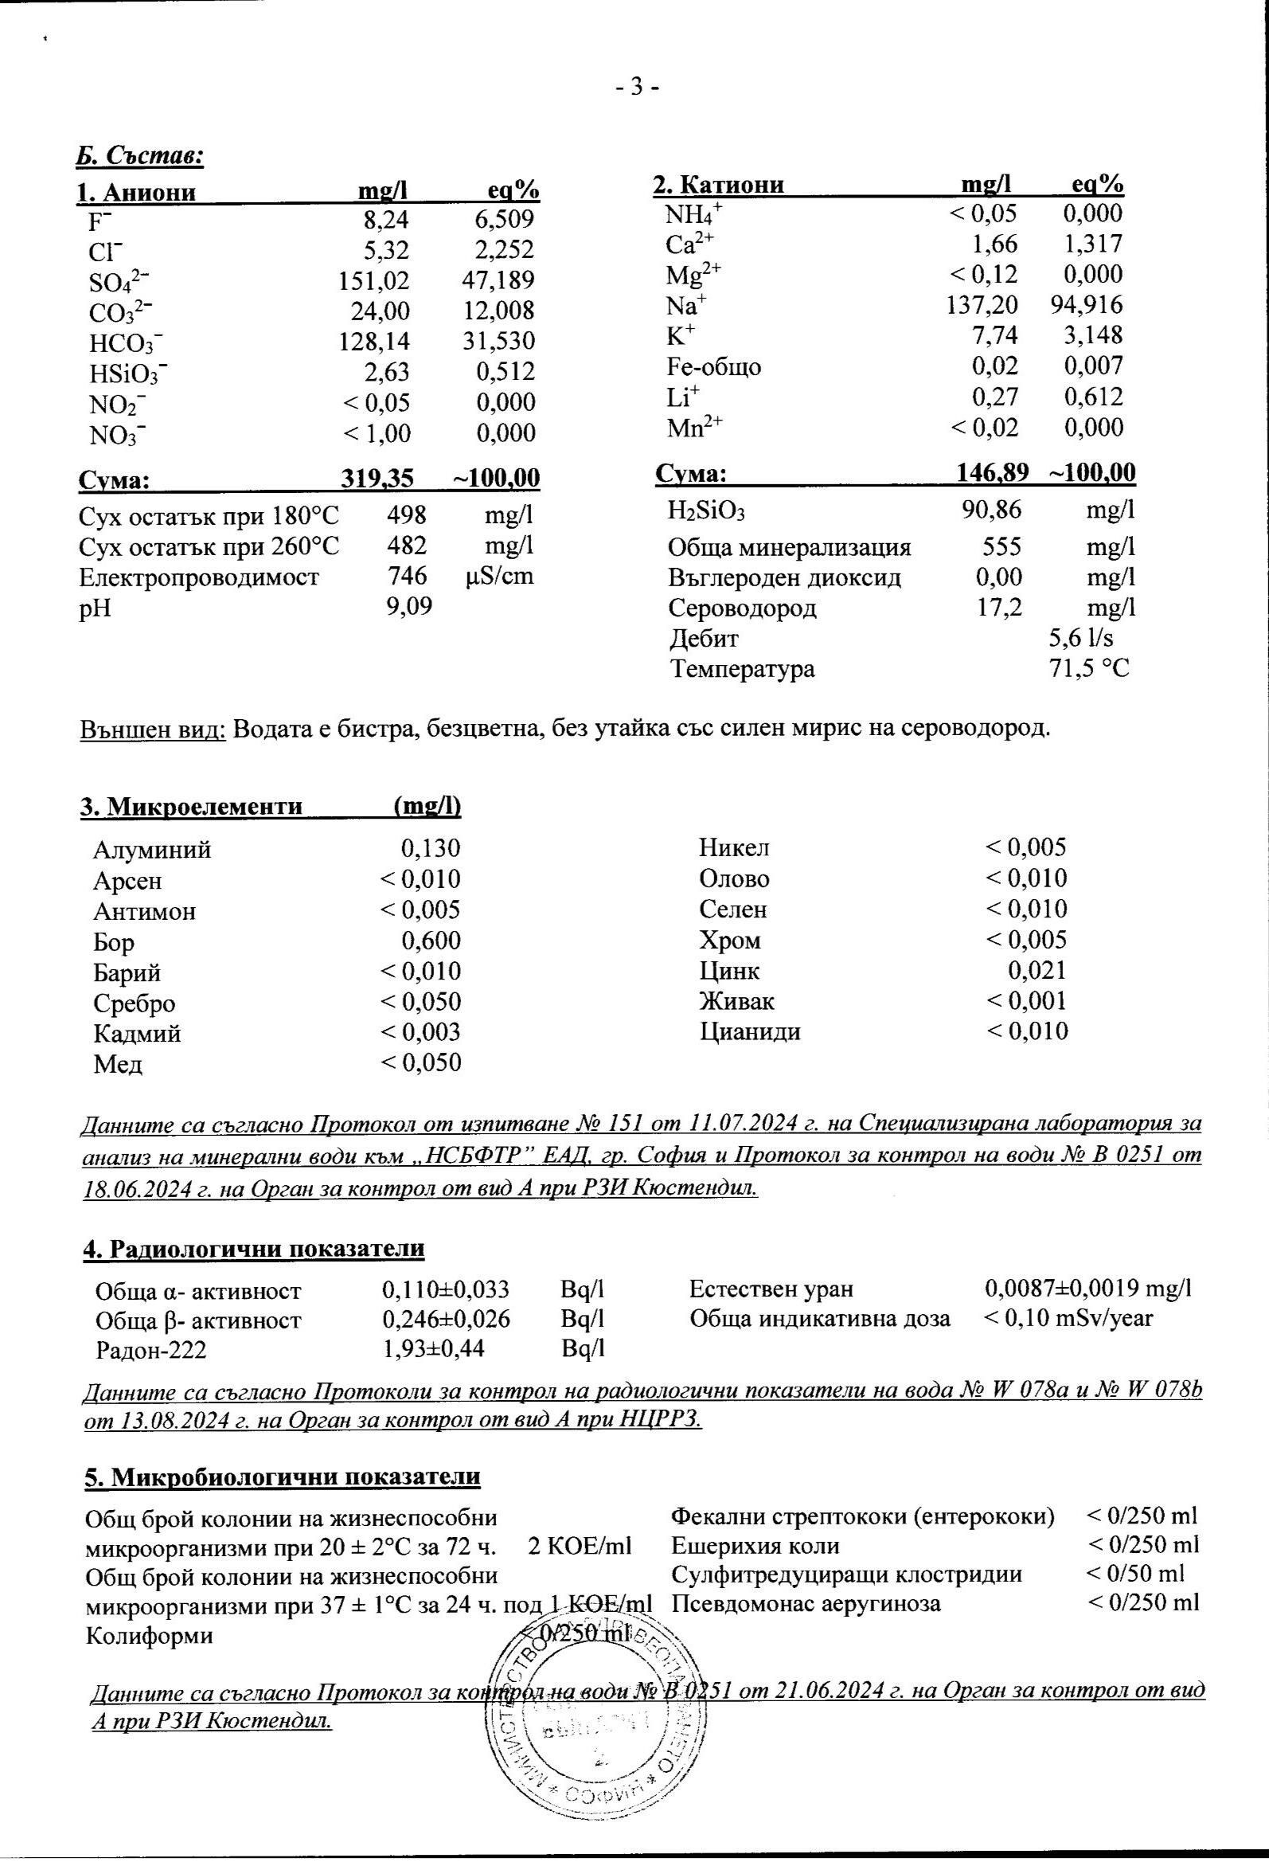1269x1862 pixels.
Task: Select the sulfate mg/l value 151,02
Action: [x=373, y=280]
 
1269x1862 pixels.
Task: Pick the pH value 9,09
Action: [x=409, y=607]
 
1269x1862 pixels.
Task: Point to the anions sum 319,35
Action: [x=377, y=479]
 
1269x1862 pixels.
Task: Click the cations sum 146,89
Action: [x=993, y=473]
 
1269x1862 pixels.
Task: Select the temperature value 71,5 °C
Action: [x=1089, y=668]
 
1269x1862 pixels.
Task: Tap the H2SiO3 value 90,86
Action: [x=991, y=510]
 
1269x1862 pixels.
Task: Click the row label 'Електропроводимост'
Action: [x=199, y=577]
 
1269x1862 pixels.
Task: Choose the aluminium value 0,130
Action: [x=430, y=848]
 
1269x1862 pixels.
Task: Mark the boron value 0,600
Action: [x=431, y=941]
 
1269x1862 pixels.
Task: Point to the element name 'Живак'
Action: [x=736, y=1001]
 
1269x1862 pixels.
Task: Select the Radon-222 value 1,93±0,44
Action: [x=433, y=1349]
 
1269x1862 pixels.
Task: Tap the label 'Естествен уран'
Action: [x=771, y=1289]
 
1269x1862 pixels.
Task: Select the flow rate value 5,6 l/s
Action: [x=1081, y=638]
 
